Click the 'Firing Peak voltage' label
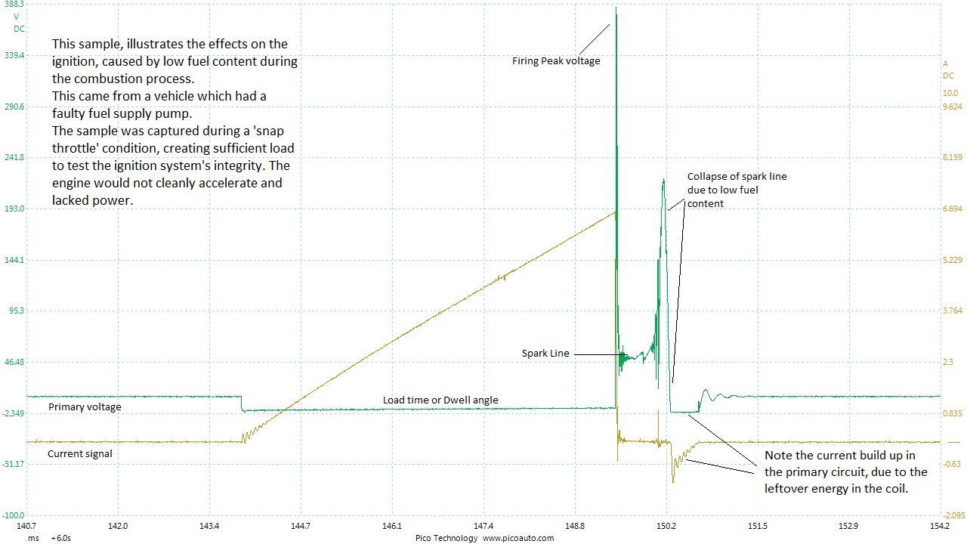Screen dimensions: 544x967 click(556, 61)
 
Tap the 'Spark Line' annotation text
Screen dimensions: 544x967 click(545, 353)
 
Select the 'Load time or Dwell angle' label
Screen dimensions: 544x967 click(440, 400)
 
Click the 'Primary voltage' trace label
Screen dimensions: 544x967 click(85, 407)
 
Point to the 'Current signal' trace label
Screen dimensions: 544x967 click(80, 453)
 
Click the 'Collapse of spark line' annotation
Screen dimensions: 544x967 click(737, 190)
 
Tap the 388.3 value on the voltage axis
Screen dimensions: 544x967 click(14, 5)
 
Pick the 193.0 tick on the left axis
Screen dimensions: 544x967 click(14, 209)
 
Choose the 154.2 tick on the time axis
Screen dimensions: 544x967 click(941, 526)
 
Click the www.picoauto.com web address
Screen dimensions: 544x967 click(518, 538)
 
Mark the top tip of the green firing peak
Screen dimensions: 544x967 click(616, 8)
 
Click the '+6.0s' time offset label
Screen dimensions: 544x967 click(61, 538)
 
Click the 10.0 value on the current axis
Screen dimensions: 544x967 click(950, 93)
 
